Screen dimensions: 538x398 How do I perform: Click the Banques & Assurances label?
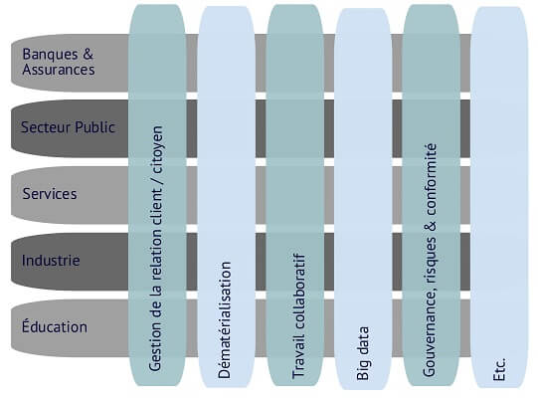tap(59, 62)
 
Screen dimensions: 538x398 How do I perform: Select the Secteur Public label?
tap(68, 127)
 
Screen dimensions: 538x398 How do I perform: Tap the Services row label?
tap(50, 194)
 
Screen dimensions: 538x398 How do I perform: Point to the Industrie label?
tap(51, 261)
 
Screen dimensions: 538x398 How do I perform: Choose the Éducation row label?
tap(55, 326)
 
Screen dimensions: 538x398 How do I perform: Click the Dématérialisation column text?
tap(225, 320)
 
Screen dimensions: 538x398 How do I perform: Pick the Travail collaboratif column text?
tap(298, 316)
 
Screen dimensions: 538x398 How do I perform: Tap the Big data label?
tap(363, 353)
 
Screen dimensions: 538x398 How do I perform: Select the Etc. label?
tap(499, 369)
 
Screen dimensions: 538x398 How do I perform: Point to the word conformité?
tap(430, 180)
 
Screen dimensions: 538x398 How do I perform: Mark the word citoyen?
tap(157, 149)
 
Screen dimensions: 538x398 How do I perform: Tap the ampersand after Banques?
tap(88, 54)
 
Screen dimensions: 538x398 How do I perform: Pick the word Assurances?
tap(59, 70)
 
